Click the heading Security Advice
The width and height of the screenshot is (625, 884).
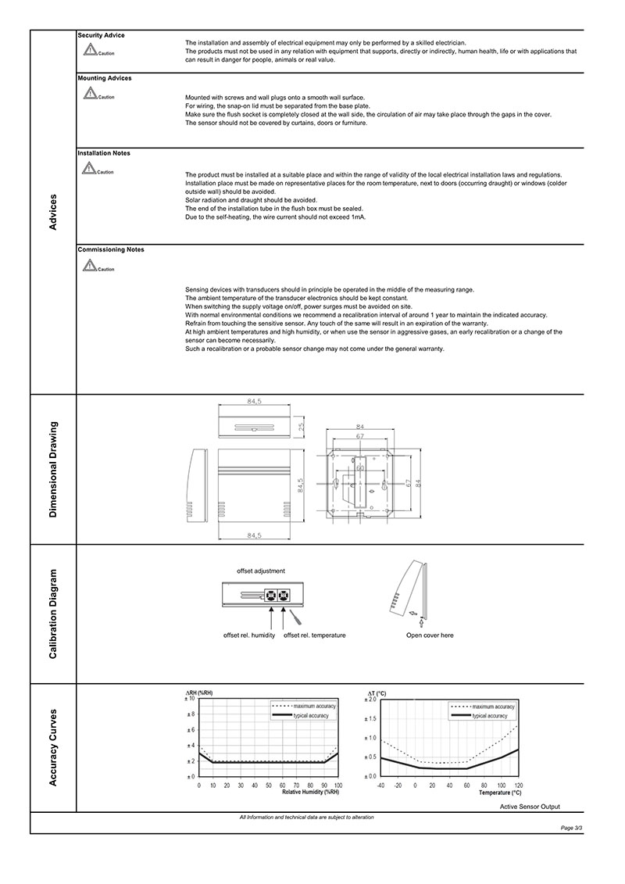click(x=101, y=35)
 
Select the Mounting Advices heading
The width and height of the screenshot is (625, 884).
click(x=105, y=78)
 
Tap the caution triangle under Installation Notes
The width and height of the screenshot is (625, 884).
click(x=90, y=169)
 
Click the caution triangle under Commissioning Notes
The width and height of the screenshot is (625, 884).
click(x=90, y=266)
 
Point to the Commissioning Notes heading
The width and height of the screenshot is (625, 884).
click(x=111, y=249)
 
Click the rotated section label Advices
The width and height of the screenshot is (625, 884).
click(x=53, y=212)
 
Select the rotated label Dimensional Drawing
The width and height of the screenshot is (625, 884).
click(x=53, y=469)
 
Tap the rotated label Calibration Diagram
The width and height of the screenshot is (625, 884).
click(x=53, y=614)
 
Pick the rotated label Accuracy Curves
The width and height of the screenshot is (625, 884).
click(x=53, y=747)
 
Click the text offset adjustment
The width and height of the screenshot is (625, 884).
click(x=261, y=571)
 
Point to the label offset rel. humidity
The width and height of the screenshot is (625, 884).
click(x=249, y=635)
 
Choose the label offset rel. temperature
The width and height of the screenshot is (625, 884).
click(x=314, y=635)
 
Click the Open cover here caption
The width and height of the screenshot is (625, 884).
click(x=430, y=635)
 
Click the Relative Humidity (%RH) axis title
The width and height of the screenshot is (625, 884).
click(x=311, y=792)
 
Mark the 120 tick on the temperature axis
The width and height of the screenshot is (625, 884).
click(x=518, y=784)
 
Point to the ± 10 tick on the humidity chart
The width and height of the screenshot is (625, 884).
click(x=189, y=698)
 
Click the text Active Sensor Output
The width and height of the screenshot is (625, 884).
click(x=530, y=807)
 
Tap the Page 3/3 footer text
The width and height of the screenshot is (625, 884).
click(x=572, y=826)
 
